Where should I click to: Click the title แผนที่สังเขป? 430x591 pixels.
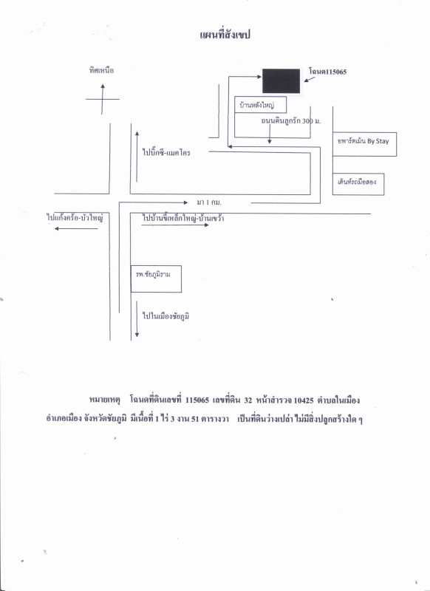click(x=225, y=35)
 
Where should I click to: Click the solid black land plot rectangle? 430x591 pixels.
click(x=281, y=81)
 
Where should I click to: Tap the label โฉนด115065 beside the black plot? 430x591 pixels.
click(x=327, y=72)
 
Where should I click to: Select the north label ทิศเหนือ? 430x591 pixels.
click(x=101, y=70)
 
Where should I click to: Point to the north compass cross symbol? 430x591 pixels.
click(x=103, y=99)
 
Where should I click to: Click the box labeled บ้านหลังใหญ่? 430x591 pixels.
click(x=260, y=104)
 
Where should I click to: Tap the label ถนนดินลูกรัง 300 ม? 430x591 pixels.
click(x=291, y=121)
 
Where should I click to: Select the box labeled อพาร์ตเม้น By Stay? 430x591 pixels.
click(x=364, y=144)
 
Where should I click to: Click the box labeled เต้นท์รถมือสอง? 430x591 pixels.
click(x=358, y=184)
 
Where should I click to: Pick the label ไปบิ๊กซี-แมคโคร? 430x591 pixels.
click(x=166, y=153)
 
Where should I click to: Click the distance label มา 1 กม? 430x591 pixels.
click(x=209, y=202)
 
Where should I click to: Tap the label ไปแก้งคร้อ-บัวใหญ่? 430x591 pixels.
click(x=75, y=218)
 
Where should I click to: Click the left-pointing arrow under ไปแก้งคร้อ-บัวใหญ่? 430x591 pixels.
click(x=76, y=228)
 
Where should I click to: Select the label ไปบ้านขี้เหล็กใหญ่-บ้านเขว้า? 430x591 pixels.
click(x=183, y=218)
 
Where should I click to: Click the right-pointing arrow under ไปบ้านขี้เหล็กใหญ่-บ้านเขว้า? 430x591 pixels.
click(x=175, y=225)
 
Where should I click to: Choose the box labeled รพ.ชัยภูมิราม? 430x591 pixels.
click(x=156, y=279)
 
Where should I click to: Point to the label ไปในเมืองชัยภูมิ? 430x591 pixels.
click(x=165, y=316)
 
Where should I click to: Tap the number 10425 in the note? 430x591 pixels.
click(x=304, y=400)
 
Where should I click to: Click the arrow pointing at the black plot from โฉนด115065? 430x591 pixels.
click(x=310, y=79)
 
